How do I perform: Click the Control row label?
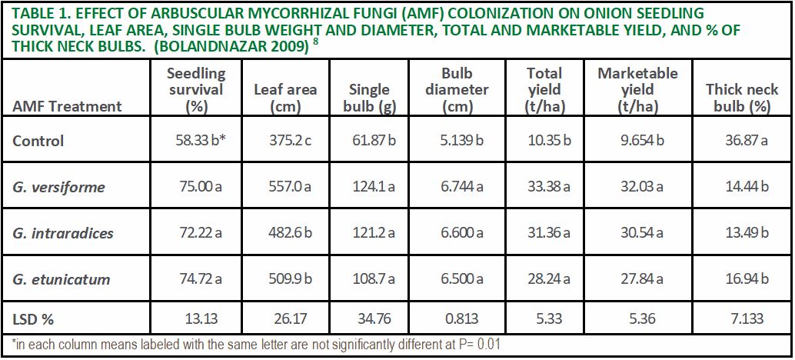click(x=38, y=141)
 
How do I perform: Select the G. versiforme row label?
click(x=58, y=187)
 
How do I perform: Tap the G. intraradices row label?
click(x=62, y=233)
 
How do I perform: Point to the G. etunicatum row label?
click(x=62, y=279)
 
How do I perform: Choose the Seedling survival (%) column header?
click(x=196, y=90)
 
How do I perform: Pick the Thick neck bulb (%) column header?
click(x=742, y=98)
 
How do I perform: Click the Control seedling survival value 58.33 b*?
click(x=196, y=141)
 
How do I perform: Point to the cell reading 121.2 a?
click(x=372, y=233)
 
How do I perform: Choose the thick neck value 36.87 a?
click(x=742, y=141)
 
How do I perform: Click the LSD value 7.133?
click(x=742, y=319)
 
